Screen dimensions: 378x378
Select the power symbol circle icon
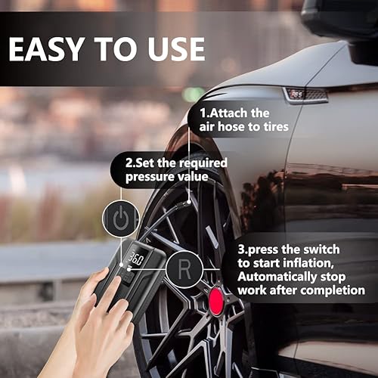pos(121,220)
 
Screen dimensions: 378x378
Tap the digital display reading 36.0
pos(135,259)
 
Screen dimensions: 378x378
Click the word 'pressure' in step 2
pos(150,176)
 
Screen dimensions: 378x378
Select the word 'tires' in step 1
pos(273,127)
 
